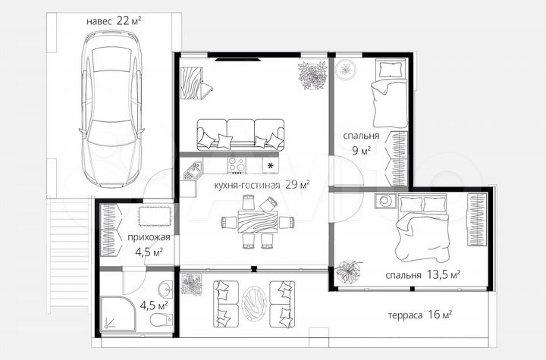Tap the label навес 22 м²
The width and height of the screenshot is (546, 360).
point(114,21)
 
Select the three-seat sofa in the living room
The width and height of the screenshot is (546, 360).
point(240,135)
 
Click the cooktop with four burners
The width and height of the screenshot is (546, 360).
point(237,165)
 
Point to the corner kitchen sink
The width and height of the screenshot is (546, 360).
point(192,171)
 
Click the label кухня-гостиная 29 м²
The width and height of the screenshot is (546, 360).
point(262,184)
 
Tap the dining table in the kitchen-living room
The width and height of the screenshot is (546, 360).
point(258,222)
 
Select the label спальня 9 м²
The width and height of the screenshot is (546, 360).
point(362,143)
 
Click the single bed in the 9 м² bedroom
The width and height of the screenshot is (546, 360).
point(390,92)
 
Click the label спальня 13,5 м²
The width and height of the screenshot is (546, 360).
point(422,274)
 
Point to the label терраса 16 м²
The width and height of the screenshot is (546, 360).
point(420,315)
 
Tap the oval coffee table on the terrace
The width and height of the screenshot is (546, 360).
point(254,304)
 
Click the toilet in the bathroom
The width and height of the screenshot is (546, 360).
point(162,320)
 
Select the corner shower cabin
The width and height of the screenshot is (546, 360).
point(118,314)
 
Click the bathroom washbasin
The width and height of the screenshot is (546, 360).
point(165,289)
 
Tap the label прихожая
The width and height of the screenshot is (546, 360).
point(149,237)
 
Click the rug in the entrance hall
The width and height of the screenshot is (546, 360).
point(155,216)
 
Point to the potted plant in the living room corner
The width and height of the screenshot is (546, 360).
point(312,76)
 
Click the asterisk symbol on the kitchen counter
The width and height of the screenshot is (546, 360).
point(270,166)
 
